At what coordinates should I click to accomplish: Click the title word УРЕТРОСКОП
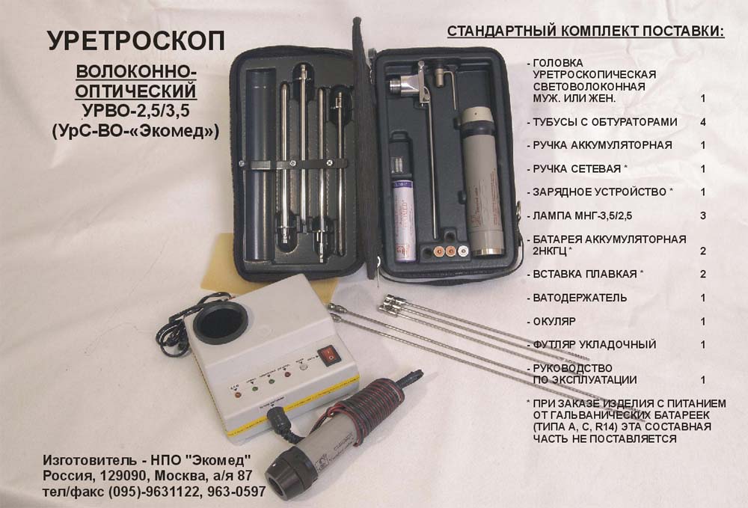(x=136, y=40)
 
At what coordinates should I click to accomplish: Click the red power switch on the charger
(x=328, y=355)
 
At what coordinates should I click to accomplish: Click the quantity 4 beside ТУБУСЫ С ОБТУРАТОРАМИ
(x=703, y=122)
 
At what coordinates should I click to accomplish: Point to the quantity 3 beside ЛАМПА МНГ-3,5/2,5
(x=703, y=215)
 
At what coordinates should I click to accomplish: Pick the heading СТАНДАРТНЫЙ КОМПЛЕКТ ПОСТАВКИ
(x=586, y=31)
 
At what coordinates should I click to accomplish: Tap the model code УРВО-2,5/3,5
(x=136, y=111)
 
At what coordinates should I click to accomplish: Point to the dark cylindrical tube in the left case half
(x=261, y=164)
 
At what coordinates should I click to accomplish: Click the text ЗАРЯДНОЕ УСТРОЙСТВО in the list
(x=599, y=192)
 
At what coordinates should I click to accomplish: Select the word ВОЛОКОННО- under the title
(x=136, y=72)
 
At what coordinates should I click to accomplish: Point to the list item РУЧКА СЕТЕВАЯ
(x=577, y=169)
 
